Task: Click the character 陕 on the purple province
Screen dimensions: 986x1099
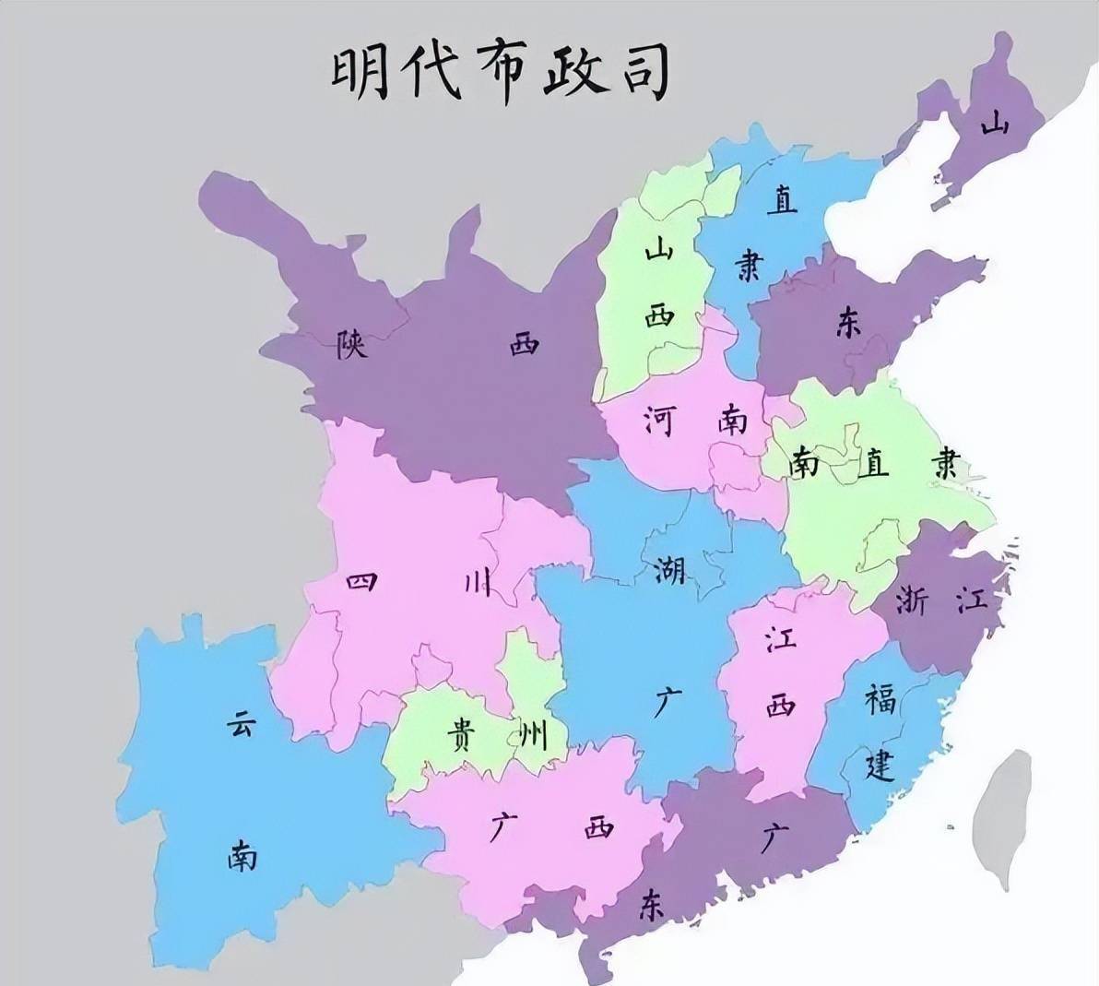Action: coord(352,345)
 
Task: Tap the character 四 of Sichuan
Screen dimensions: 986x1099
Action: coord(360,583)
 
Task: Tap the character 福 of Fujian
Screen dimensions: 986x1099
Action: coord(880,701)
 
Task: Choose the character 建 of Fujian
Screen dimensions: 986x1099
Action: coord(880,765)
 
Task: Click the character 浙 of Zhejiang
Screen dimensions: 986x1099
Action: coord(916,600)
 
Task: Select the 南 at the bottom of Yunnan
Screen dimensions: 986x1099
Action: coord(242,858)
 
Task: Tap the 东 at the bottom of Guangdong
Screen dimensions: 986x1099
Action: coord(651,907)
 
